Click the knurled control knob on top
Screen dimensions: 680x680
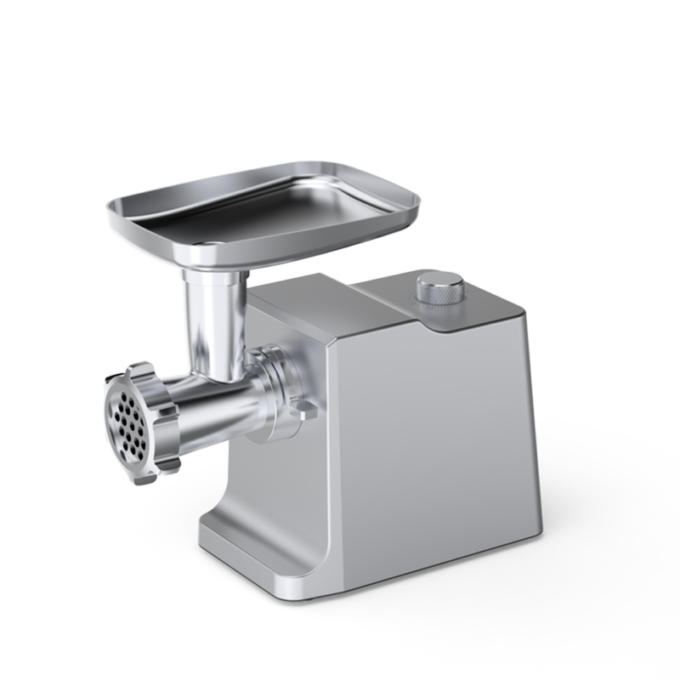coord(439,287)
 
